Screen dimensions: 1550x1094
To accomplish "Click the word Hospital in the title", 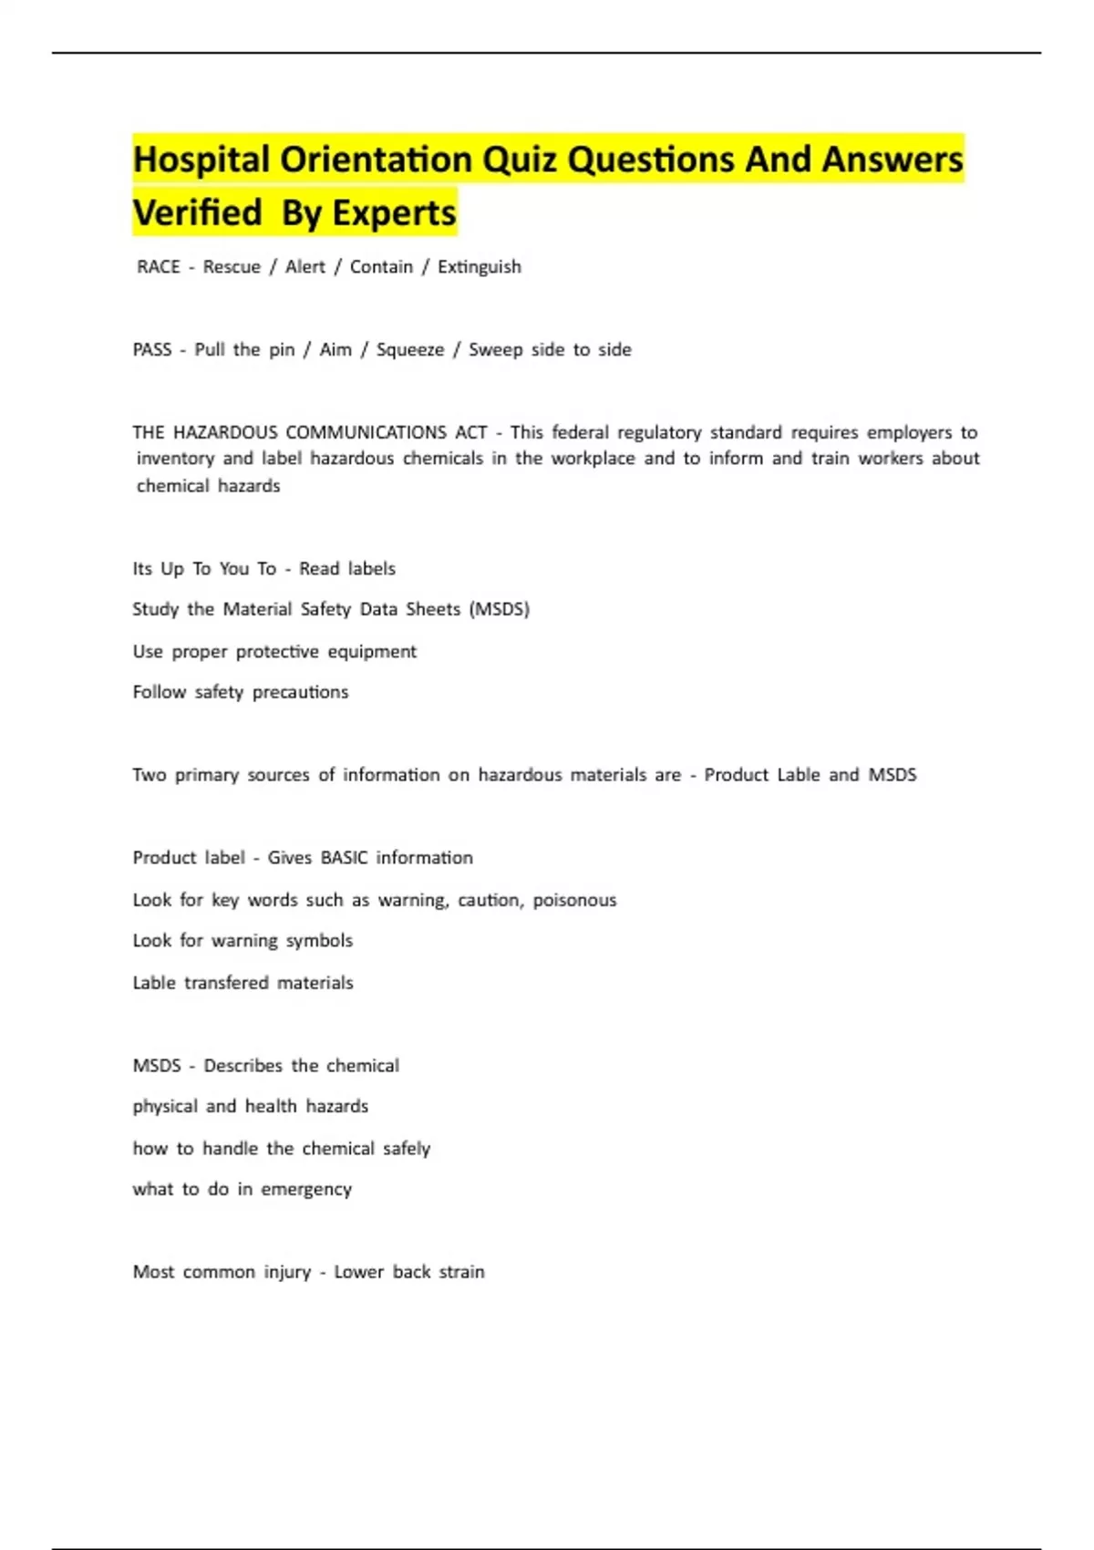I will click(x=201, y=160).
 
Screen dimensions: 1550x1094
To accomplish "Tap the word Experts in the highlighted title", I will click(x=394, y=213).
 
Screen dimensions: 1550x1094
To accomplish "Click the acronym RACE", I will click(x=159, y=267).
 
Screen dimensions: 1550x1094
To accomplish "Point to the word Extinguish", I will click(x=480, y=267).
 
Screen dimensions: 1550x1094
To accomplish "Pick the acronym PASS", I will click(x=152, y=350).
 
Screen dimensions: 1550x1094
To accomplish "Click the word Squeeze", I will click(x=410, y=350).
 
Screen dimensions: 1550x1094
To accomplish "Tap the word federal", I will click(x=580, y=432).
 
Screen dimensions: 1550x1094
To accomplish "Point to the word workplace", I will click(x=593, y=459).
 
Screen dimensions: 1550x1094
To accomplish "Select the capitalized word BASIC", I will click(x=345, y=858).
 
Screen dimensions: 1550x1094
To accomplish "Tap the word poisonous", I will click(x=574, y=900).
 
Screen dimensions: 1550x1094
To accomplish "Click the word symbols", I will click(x=319, y=941).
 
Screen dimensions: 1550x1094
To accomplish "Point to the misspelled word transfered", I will click(x=226, y=983).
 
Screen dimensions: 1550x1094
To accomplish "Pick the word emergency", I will click(x=306, y=1190).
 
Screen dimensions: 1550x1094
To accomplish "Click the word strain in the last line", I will click(x=462, y=1272).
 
